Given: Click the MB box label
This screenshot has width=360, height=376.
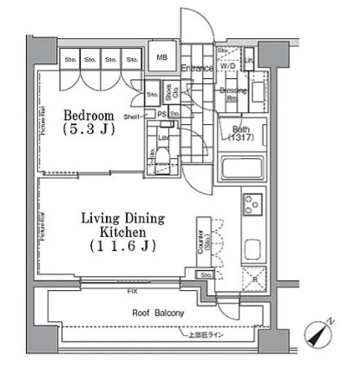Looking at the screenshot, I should coord(161,58).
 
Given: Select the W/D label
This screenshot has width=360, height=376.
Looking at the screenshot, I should coord(228,65).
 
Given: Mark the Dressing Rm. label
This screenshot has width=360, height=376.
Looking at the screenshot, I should coord(229,93).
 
